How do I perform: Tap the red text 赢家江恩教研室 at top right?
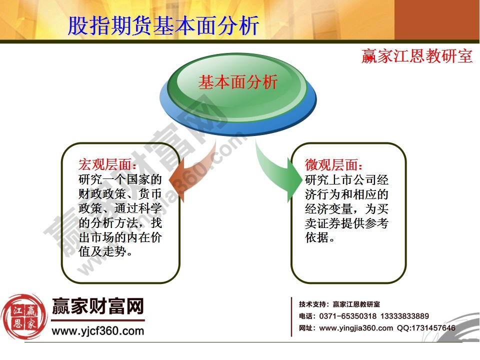(x=417, y=56)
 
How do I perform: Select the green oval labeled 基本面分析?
(x=238, y=83)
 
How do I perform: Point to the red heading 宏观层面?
(x=107, y=165)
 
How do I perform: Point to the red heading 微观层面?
(x=334, y=165)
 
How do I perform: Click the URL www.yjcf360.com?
(x=98, y=331)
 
